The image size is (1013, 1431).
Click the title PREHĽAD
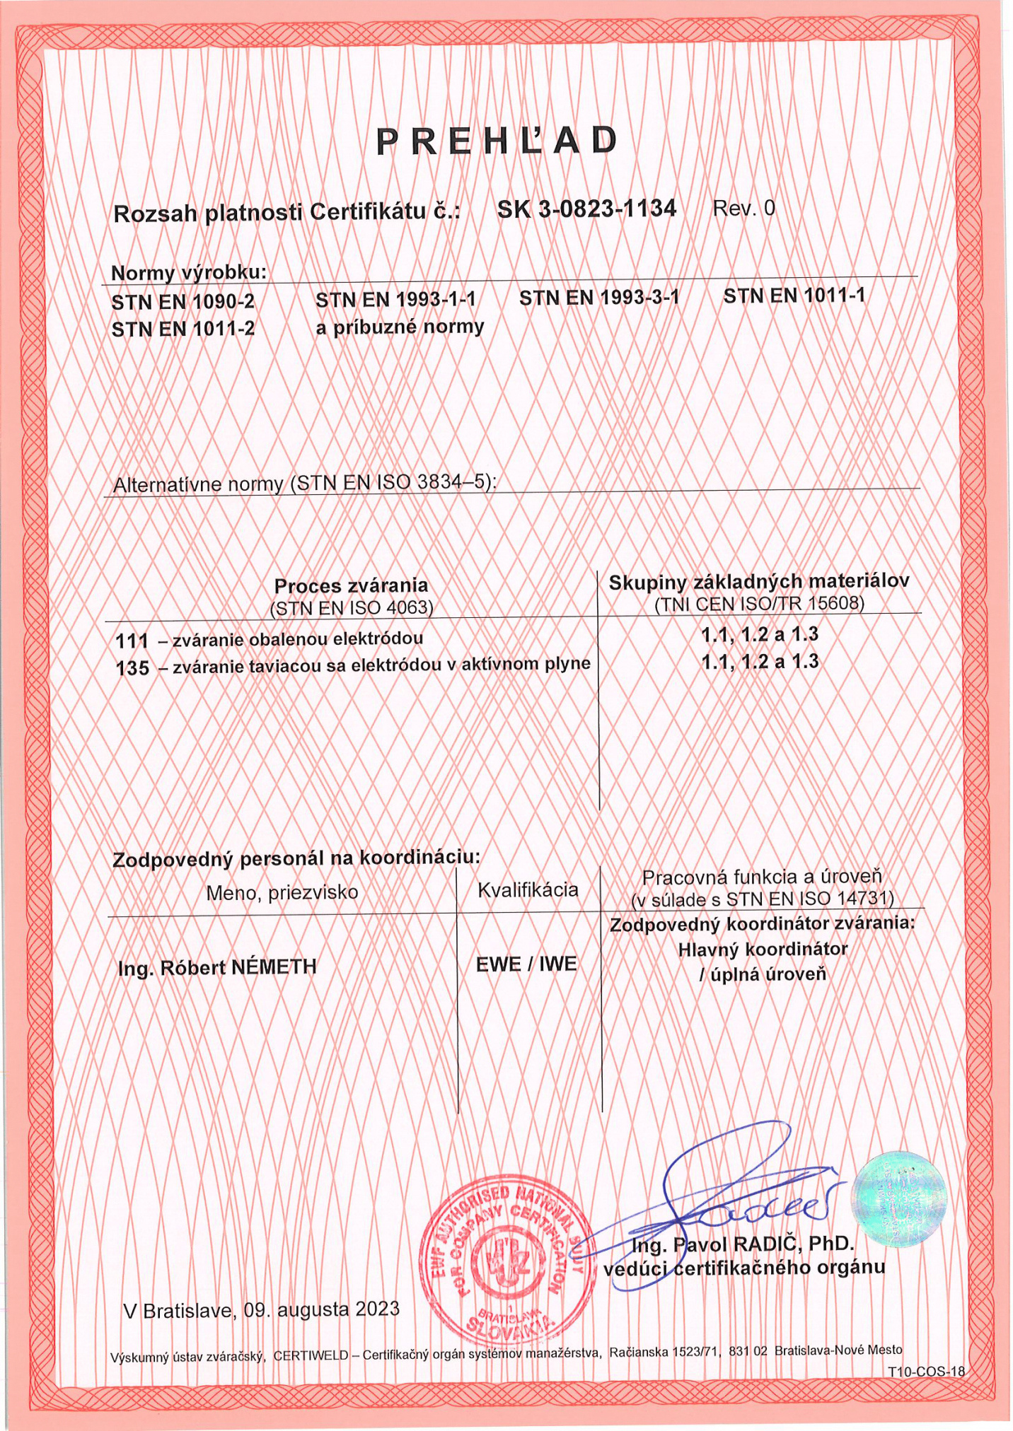coord(497,141)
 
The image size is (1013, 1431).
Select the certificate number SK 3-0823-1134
coord(586,209)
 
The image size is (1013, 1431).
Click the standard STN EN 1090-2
coord(183,302)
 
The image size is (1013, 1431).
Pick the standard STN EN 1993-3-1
coord(598,298)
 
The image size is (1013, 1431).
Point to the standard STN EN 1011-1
coord(794,296)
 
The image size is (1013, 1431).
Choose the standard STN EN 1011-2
coord(183,329)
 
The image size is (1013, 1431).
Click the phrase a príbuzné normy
coord(400,327)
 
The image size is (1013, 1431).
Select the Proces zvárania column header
coord(351,585)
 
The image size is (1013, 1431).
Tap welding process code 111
coord(132,641)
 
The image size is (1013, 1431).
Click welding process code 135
coord(132,667)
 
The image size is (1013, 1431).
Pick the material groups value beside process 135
coord(760,662)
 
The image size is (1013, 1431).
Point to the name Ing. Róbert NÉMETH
coord(217,967)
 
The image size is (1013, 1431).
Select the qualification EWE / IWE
coord(526,964)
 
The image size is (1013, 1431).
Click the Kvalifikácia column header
coord(528,889)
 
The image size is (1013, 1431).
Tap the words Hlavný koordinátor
coord(763,949)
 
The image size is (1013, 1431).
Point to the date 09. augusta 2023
coord(322,1309)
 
